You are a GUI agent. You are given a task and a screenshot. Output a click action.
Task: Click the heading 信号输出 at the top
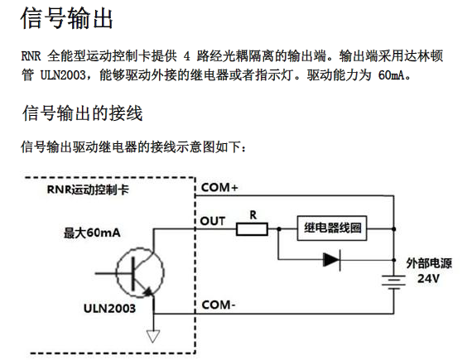(66, 18)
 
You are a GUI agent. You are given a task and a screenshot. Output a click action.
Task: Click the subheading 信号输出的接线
(82, 113)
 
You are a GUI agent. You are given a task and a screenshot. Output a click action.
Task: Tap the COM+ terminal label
(219, 187)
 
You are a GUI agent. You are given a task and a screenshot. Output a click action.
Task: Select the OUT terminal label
(213, 221)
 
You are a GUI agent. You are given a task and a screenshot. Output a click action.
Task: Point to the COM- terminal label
(219, 305)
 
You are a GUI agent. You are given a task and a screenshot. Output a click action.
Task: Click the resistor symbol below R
(252, 229)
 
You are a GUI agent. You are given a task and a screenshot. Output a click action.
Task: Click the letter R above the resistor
(253, 214)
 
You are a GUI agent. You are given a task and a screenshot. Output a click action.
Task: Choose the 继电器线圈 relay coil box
(332, 228)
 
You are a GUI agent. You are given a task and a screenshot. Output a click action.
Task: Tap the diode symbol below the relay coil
(332, 260)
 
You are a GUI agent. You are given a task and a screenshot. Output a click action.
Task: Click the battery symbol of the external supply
(393, 282)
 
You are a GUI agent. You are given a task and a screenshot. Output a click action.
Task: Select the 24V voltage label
(428, 279)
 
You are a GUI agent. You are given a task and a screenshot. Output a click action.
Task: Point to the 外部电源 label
(429, 263)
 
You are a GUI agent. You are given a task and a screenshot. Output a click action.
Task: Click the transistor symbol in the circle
(140, 273)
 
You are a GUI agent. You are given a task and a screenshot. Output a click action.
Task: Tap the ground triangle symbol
(153, 336)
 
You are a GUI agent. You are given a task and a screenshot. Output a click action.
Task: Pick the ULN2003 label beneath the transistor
(109, 308)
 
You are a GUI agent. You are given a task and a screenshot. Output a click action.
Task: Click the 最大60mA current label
(92, 233)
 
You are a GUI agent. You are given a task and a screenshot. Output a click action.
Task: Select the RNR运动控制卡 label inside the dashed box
(88, 190)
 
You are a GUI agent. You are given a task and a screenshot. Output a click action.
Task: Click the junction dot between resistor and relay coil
(279, 229)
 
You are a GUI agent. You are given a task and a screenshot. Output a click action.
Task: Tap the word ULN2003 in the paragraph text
(63, 74)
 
